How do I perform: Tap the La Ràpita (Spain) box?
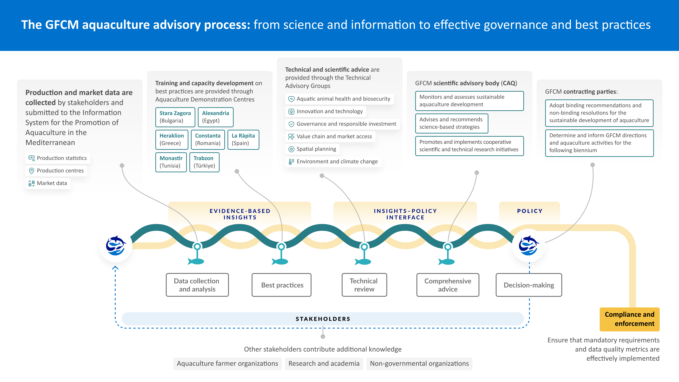pyautogui.click(x=243, y=140)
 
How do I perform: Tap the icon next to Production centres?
pyautogui.click(x=31, y=171)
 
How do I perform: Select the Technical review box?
pyautogui.click(x=364, y=285)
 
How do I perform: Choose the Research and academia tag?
pyautogui.click(x=324, y=364)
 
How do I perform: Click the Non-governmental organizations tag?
pyautogui.click(x=419, y=364)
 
